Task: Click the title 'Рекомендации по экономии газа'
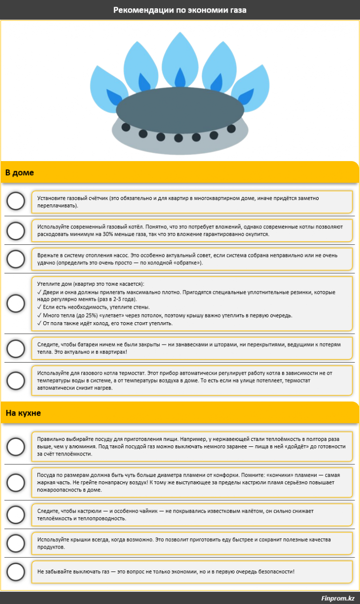180,10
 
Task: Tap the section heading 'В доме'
19,173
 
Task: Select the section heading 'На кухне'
23,413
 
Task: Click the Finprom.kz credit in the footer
338,598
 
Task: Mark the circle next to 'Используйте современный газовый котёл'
16,230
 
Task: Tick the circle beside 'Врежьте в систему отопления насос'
16,259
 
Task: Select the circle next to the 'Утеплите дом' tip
16,304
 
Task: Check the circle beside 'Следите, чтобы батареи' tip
16,348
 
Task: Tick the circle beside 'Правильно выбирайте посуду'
16,446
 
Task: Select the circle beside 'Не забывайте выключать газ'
16,572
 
